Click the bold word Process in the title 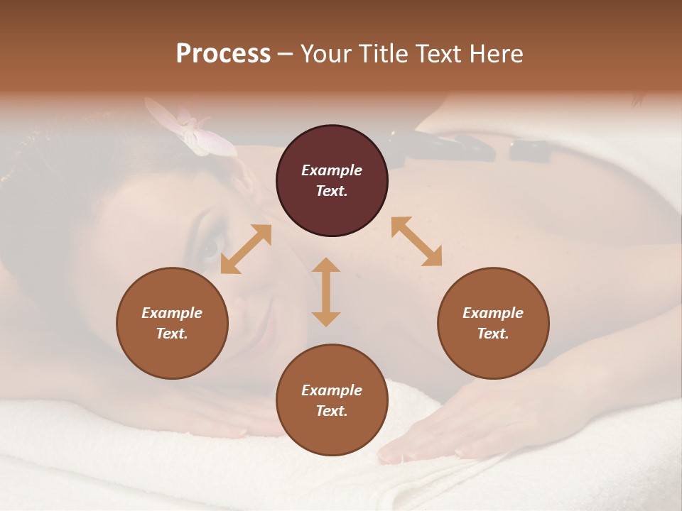pyautogui.click(x=223, y=54)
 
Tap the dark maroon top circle pyautogui.click(x=332, y=181)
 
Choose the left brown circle pyautogui.click(x=172, y=323)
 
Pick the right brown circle pyautogui.click(x=493, y=323)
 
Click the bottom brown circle pyautogui.click(x=332, y=400)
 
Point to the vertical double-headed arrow pyautogui.click(x=326, y=292)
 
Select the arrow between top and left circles pyautogui.click(x=246, y=249)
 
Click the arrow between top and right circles pyautogui.click(x=416, y=241)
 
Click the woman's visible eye pyautogui.click(x=210, y=248)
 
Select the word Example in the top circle pyautogui.click(x=332, y=170)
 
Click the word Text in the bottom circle pyautogui.click(x=330, y=411)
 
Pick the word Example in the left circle pyautogui.click(x=172, y=313)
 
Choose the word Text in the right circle pyautogui.click(x=492, y=334)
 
